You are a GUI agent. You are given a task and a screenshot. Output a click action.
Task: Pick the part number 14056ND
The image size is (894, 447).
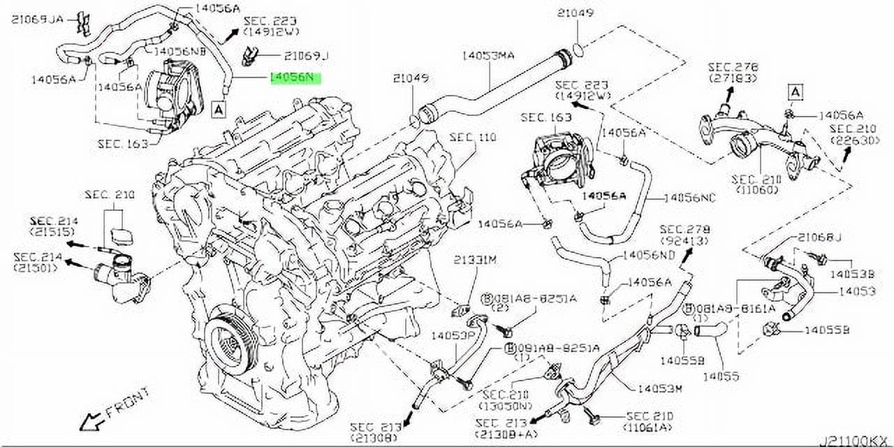click(649, 256)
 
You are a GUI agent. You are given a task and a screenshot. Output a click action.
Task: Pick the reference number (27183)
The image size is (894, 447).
click(733, 80)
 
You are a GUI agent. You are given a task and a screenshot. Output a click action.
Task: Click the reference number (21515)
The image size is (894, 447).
click(53, 231)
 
